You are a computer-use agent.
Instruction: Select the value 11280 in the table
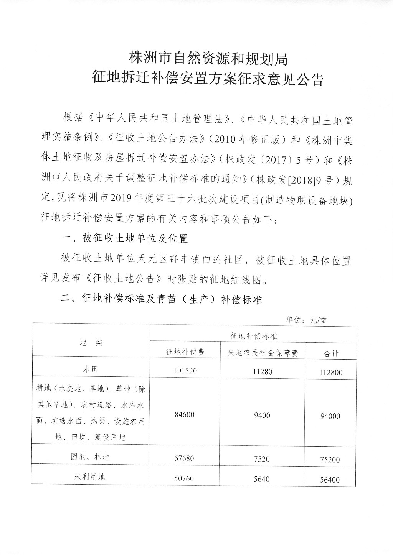[262, 371]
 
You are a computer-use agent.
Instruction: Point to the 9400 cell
[262, 415]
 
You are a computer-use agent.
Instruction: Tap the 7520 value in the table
[262, 458]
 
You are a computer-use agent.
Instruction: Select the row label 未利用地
[91, 477]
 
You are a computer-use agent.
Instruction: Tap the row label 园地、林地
[91, 457]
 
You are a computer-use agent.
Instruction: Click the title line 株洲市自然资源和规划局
[208, 58]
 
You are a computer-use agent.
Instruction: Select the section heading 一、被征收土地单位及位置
[125, 239]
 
